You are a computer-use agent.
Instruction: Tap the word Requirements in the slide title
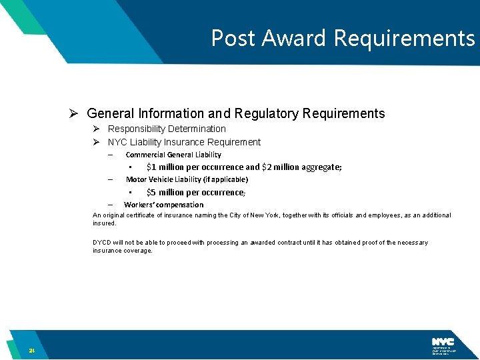[404, 39]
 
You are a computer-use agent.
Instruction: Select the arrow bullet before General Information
[75, 113]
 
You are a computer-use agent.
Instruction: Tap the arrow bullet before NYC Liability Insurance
[96, 142]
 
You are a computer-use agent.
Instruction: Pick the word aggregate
[318, 167]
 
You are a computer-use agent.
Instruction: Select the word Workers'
[138, 205]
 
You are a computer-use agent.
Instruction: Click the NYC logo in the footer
[443, 342]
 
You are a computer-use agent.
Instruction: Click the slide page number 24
[31, 351]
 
